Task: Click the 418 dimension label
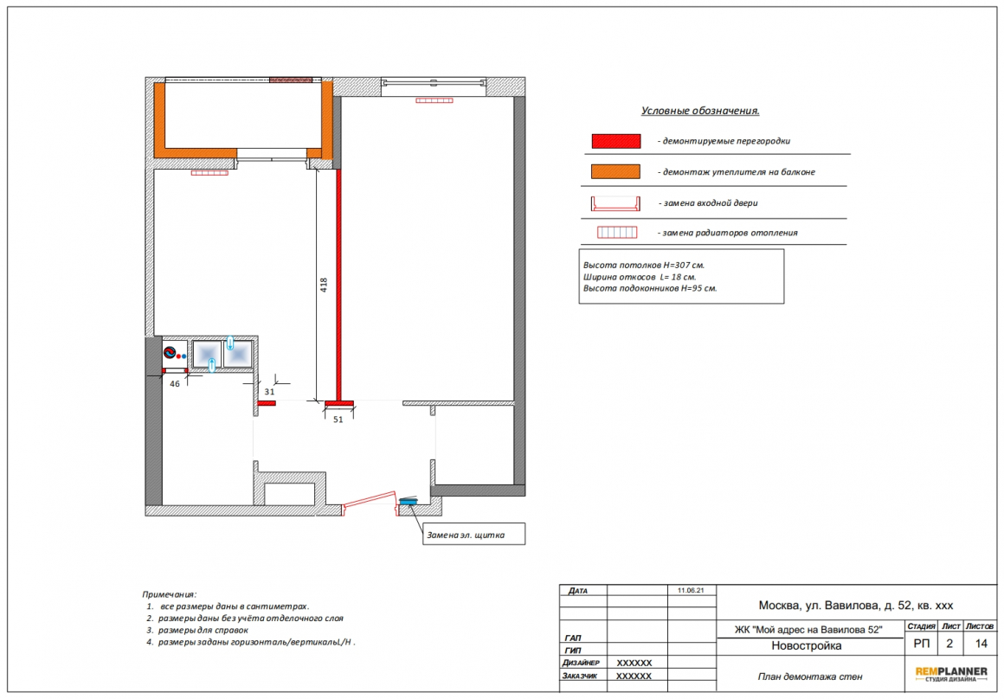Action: coord(324,285)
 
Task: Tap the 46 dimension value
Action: coord(175,384)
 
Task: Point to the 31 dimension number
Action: coord(269,392)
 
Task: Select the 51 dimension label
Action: coord(338,420)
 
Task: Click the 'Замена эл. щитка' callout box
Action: coord(473,535)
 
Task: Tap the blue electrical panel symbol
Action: coord(408,501)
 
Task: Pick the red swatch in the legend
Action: coord(616,141)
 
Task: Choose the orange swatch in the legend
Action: coord(615,171)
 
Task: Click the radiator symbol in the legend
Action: coord(617,233)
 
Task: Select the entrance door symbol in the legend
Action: coord(616,203)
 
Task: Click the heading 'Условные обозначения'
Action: coord(700,111)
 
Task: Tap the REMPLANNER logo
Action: coord(951,674)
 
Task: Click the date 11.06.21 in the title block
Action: coord(691,590)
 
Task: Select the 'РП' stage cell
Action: coord(922,644)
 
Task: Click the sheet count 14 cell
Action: coord(981,644)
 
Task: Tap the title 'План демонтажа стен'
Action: coord(810,677)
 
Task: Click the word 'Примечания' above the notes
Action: coord(169,594)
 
